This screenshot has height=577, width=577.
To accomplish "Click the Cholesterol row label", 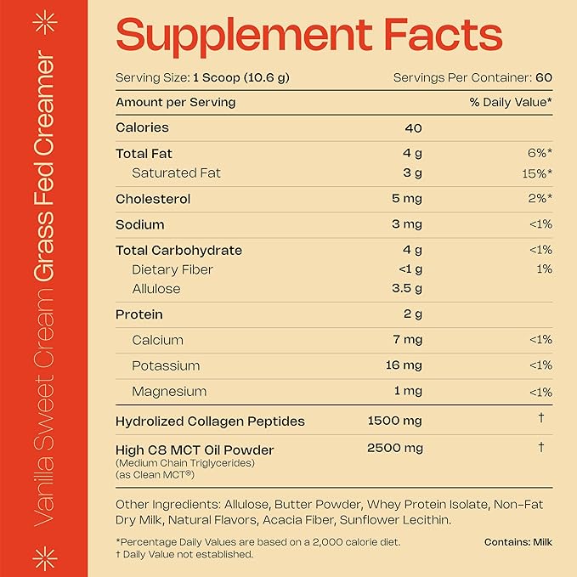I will (152, 199).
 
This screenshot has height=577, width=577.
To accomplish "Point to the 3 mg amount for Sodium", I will (406, 225).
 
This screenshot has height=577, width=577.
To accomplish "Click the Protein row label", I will (139, 314).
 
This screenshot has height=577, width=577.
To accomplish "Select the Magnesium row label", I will (169, 392).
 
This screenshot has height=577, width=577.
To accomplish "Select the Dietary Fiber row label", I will (173, 269).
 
